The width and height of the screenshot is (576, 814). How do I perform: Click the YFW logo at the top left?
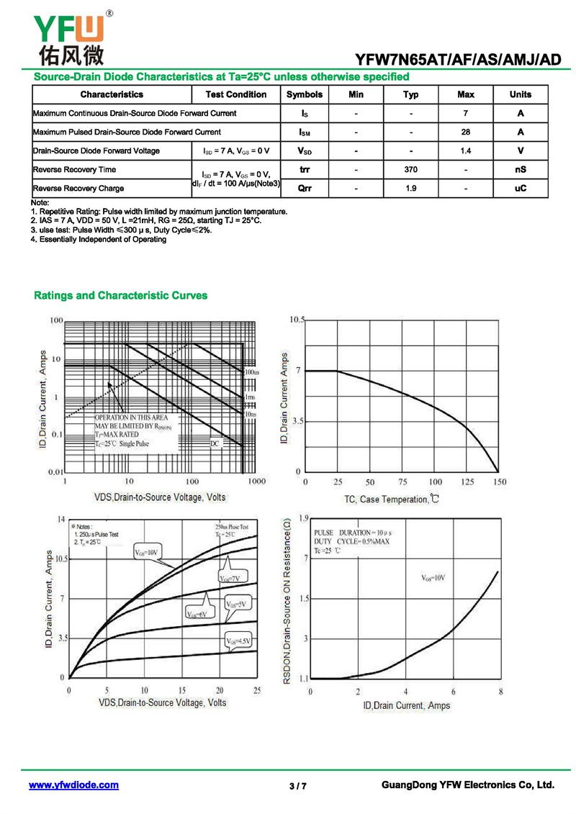tap(68, 36)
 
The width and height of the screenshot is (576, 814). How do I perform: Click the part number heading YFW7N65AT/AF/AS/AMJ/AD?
tap(458, 60)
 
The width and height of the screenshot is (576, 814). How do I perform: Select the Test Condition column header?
tap(235, 94)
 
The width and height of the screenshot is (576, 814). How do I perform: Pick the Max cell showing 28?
tap(466, 132)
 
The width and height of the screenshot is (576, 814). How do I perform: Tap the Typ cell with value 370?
tap(410, 170)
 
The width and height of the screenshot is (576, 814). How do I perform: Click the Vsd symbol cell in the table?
tap(305, 151)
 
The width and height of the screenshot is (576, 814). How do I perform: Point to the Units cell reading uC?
tap(521, 189)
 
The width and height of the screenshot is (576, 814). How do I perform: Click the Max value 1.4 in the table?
tap(466, 151)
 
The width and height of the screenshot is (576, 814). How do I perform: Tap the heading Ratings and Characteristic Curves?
tap(120, 296)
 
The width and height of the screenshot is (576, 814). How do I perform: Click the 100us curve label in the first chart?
tap(251, 373)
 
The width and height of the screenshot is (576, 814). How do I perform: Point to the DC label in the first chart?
tap(215, 444)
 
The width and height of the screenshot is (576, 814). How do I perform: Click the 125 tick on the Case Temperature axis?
tap(467, 482)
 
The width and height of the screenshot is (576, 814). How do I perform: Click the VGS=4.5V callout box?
tap(239, 641)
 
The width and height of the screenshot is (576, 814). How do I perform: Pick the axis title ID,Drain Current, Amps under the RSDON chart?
tap(406, 705)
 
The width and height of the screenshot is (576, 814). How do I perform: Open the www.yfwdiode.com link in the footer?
tap(73, 785)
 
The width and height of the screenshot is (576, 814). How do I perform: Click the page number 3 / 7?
tap(298, 786)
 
